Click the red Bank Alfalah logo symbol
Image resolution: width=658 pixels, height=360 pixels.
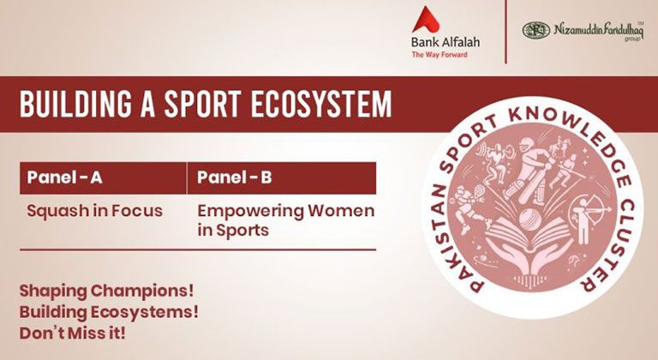426,20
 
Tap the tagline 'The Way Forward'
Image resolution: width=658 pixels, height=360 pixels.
440,55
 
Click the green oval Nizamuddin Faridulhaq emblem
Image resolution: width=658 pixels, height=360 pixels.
535,31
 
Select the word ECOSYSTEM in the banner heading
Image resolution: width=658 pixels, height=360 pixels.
320,104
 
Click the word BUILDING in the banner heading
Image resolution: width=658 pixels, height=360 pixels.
75,104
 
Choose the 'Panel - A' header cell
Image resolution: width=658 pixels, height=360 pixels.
103,177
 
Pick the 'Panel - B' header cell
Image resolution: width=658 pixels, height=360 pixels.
282,177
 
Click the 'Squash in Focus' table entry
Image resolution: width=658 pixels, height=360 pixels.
95,211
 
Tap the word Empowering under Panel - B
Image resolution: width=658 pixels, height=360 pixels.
251,212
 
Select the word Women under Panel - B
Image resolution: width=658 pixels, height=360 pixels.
341,211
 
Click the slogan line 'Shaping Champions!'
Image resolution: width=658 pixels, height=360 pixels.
106,291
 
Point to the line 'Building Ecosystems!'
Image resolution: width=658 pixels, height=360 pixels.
109,313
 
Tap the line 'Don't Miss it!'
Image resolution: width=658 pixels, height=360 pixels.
72,333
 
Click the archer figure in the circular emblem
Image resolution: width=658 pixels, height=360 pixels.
589,219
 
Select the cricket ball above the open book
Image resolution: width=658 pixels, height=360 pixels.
529,219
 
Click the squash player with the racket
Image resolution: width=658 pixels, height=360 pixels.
467,208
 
